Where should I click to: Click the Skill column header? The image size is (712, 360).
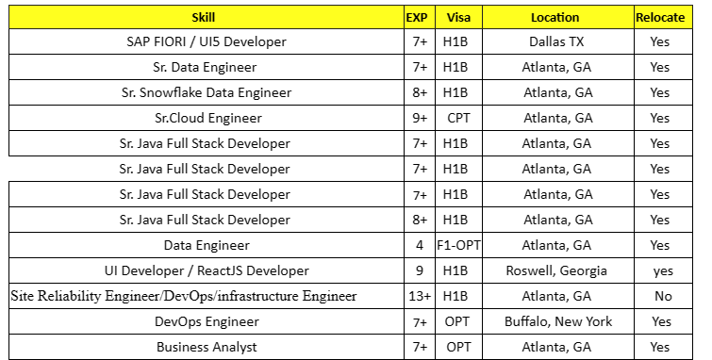204,17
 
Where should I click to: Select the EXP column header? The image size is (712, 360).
416,17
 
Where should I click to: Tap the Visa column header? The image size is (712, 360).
459,17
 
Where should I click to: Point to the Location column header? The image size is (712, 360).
556,17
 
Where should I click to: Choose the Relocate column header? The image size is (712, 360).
660,17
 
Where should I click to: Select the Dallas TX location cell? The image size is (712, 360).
556,42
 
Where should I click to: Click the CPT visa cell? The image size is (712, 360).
459,119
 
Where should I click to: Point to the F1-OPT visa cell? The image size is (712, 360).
459,245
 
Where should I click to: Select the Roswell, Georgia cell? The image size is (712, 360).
556,270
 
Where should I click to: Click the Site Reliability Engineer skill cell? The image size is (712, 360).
184,296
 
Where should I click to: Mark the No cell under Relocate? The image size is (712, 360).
661,296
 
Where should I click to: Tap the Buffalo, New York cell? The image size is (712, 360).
556,321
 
